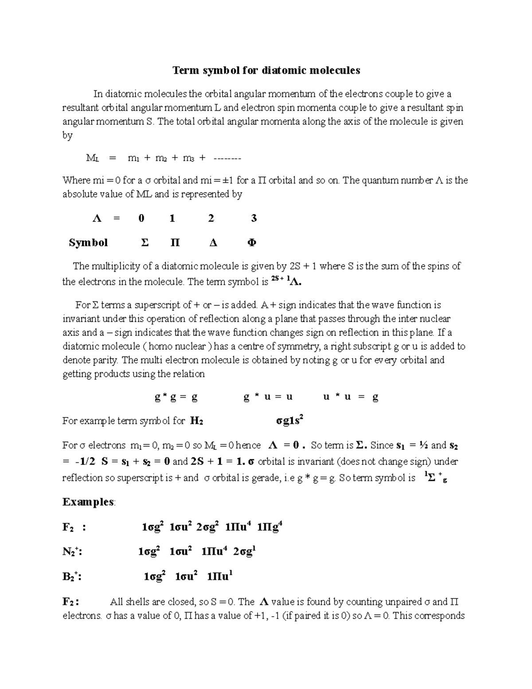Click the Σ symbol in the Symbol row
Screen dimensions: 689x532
144,243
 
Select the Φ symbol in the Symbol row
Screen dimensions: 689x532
251,243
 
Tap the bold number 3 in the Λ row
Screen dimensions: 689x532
254,218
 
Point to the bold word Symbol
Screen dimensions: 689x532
88,243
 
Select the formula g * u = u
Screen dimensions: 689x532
268,397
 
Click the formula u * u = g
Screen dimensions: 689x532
351,397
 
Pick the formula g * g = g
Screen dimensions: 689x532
176,397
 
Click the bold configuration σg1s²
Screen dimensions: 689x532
289,421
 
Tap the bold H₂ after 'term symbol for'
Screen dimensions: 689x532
196,421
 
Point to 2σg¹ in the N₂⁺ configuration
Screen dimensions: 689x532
245,552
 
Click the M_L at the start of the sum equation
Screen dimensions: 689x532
92,158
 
